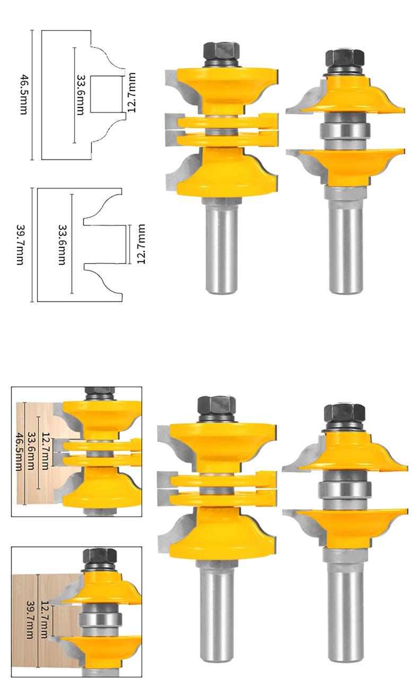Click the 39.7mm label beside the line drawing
(20, 245)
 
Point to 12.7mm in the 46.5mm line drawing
(132, 93)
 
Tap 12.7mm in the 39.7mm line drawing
(141, 244)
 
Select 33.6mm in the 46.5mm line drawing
(81, 95)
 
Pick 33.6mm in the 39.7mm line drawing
(62, 245)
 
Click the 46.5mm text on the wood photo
(19, 452)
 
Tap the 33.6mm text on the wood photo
(32, 451)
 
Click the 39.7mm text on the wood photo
(30, 621)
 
